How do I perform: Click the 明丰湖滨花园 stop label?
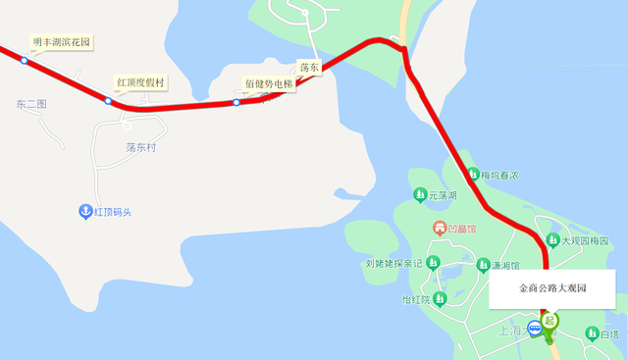click(61, 42)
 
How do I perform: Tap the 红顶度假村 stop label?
click(140, 81)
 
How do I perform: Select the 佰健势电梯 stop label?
click(268, 84)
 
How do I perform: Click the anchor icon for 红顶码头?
click(85, 211)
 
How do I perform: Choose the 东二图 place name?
click(31, 104)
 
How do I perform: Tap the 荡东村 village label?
click(141, 147)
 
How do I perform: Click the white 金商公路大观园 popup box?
click(551, 289)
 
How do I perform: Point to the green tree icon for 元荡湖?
click(420, 194)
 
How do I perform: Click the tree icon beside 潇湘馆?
click(483, 265)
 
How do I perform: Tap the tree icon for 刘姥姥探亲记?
click(433, 262)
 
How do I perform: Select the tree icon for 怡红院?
click(442, 299)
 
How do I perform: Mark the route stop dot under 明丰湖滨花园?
click(25, 61)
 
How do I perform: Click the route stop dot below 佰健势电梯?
click(236, 103)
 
